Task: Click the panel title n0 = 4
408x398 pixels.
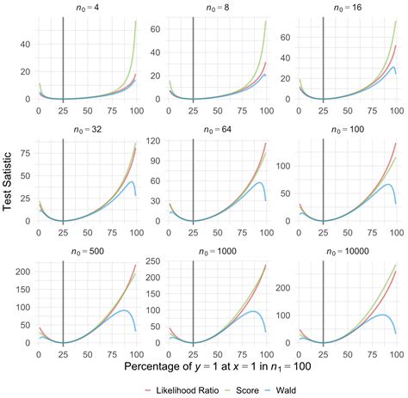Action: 88,8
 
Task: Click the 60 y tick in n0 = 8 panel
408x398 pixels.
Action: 156,27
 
